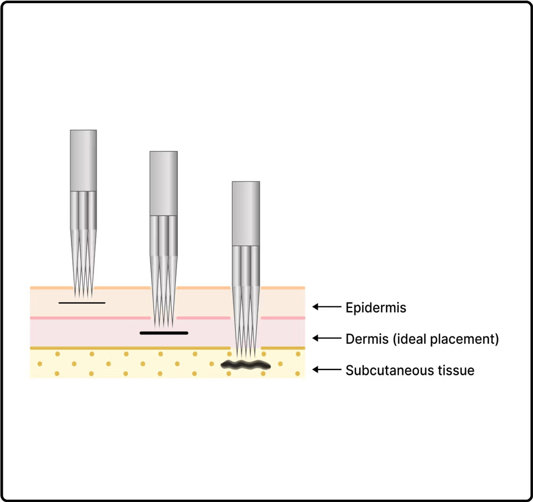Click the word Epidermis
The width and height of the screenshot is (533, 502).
[376, 308]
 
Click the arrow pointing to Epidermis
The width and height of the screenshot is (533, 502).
[327, 307]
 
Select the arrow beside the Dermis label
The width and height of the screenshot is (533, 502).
[327, 338]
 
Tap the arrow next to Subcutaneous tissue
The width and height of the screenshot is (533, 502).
[327, 370]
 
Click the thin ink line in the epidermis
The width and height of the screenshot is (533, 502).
[82, 303]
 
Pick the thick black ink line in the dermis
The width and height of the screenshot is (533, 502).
[164, 333]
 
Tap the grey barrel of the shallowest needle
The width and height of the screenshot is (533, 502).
[83, 160]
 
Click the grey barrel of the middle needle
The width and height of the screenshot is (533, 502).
[163, 183]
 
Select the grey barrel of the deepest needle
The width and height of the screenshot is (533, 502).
[246, 213]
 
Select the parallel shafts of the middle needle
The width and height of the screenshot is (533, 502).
[163, 235]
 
